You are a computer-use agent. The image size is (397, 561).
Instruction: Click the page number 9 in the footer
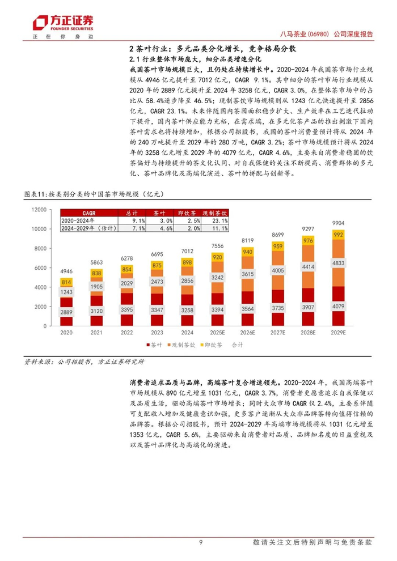[201, 542]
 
